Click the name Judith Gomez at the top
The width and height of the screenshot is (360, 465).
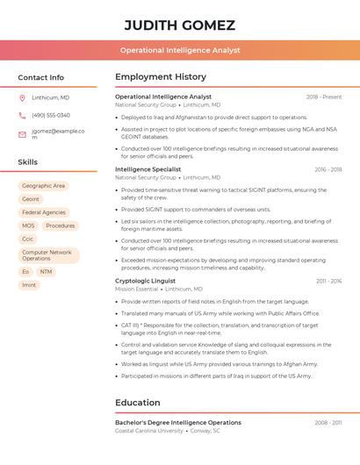[x=180, y=25]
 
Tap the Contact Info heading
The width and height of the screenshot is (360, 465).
[x=41, y=77]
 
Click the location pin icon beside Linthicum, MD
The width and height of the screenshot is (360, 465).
[x=22, y=97]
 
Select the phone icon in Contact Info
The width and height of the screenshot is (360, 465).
[x=22, y=115]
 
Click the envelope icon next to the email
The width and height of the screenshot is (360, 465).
[x=22, y=134]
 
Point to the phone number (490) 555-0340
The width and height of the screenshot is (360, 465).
[x=51, y=115]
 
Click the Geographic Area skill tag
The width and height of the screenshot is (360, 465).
[x=44, y=186]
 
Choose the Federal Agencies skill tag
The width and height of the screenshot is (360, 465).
[x=44, y=212]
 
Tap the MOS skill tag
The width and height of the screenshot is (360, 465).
[x=28, y=225]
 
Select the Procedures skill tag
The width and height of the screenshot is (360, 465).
[x=61, y=225]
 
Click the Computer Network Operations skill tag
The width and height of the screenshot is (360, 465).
[x=48, y=255]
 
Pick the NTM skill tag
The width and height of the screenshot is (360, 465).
[x=46, y=272]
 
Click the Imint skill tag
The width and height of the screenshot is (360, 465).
[x=29, y=285]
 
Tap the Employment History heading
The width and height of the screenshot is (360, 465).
[x=161, y=77]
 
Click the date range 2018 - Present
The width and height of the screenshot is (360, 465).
[x=324, y=97]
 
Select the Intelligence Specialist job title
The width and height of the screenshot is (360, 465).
[x=148, y=169]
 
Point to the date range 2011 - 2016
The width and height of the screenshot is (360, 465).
[x=328, y=281]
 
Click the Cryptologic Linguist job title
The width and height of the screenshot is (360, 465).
[x=145, y=281]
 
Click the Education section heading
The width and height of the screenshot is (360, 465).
[x=138, y=403]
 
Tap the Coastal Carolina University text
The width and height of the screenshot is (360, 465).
[x=149, y=431]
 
